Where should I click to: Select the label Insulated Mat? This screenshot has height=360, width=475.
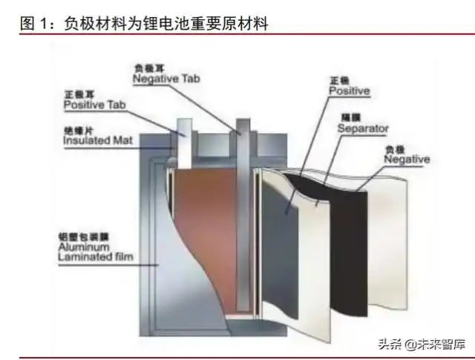coord(98,139)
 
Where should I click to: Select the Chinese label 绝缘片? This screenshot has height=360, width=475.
coord(76,128)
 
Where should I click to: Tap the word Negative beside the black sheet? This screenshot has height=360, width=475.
coord(406,160)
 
